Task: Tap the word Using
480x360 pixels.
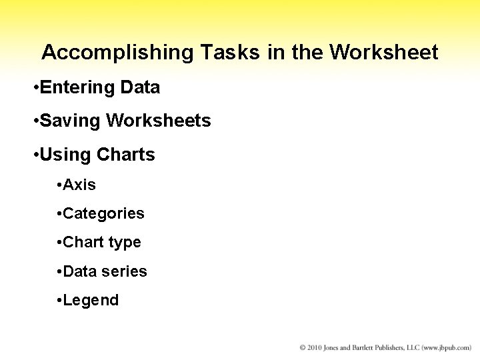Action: click(x=65, y=155)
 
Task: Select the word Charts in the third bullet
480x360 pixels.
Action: click(x=125, y=155)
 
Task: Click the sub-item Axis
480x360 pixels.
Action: click(x=79, y=185)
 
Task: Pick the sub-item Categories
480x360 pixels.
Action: click(x=103, y=213)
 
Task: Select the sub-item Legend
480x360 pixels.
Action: click(x=91, y=301)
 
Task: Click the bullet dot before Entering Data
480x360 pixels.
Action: click(x=35, y=88)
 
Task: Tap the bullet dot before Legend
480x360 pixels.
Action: click(x=59, y=301)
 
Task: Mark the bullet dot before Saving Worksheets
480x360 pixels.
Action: click(x=35, y=122)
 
